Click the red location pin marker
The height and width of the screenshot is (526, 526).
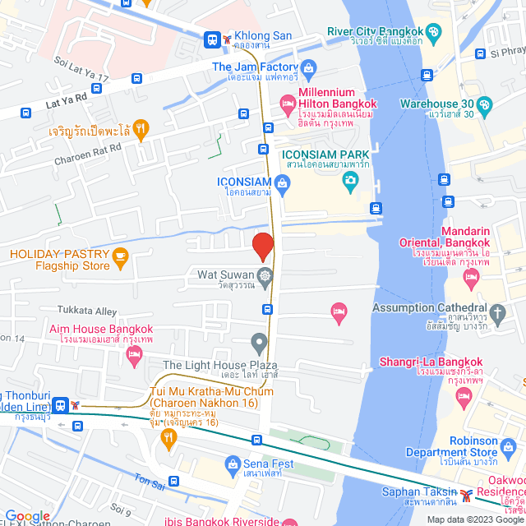tap(262, 247)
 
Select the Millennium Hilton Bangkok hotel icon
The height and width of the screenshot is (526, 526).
tap(287, 103)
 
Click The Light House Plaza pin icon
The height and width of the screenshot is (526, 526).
tap(260, 341)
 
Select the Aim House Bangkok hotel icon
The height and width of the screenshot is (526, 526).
tap(135, 355)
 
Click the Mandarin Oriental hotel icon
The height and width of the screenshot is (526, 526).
tap(471, 279)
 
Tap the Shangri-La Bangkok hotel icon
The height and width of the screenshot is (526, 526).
tap(465, 397)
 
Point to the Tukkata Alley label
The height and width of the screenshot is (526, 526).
tap(87, 311)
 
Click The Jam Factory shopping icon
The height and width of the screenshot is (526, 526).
tap(309, 67)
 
